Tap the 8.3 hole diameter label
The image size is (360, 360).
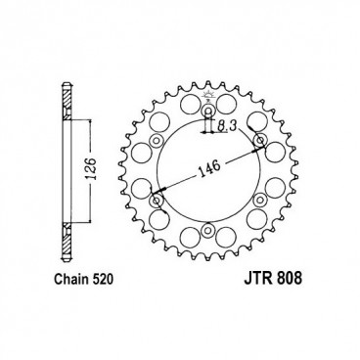point(227,127)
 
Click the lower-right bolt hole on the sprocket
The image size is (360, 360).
point(260,200)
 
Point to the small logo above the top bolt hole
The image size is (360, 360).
point(209,95)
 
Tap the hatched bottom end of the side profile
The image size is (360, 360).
point(65,256)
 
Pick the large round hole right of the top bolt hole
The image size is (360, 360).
point(239,119)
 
